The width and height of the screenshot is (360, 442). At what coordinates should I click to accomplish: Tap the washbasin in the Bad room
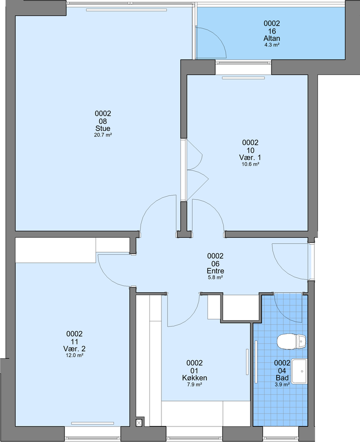point(299,371)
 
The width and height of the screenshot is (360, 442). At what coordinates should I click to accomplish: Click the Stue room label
point(102,128)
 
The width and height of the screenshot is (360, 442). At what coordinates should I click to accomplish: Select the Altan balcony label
point(271,39)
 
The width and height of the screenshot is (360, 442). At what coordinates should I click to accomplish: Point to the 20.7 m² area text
point(102,135)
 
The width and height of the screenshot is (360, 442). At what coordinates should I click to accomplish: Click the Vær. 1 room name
point(250,157)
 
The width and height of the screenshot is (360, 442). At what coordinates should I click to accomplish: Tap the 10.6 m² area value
point(250,164)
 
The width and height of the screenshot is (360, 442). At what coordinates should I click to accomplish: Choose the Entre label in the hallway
point(215,271)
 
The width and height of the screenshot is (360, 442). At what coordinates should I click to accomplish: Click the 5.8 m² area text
point(215,277)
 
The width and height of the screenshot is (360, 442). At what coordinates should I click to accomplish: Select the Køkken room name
point(194,378)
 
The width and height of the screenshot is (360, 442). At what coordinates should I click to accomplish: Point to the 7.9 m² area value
point(194,384)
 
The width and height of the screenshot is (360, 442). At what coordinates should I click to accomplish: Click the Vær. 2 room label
point(74,349)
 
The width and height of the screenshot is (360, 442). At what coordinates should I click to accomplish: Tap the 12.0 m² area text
point(74,355)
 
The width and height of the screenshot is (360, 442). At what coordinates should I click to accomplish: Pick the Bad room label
point(282,378)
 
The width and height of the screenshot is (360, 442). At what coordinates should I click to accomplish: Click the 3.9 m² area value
point(282,384)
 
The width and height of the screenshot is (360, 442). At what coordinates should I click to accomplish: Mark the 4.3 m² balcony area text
point(271,45)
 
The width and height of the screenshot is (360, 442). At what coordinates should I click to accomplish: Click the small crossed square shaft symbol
point(139,422)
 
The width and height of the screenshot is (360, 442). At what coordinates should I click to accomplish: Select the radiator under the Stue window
point(126,10)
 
